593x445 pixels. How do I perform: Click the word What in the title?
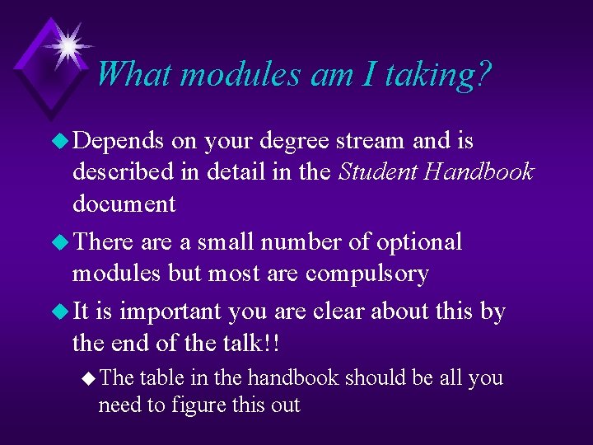(x=133, y=74)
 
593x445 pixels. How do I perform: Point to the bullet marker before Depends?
(x=60, y=142)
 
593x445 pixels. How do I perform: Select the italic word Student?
(x=378, y=172)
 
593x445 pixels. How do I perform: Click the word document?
(x=124, y=204)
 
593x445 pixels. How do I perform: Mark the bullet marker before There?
(x=60, y=243)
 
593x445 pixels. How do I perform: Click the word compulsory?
(x=367, y=274)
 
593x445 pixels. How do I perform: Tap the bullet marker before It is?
(x=60, y=312)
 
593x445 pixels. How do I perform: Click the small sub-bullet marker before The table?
(x=88, y=378)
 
